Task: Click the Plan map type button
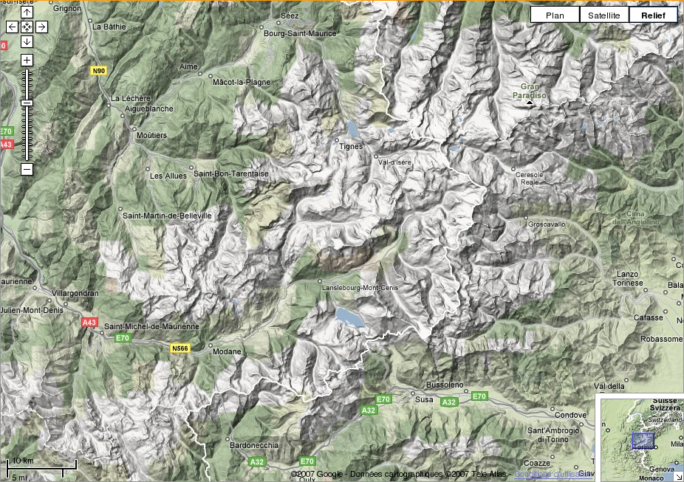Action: pos(555,15)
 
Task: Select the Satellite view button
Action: pos(603,15)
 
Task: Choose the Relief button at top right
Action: pos(653,15)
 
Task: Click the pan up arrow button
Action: pos(27,13)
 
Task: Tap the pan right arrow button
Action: pos(41,27)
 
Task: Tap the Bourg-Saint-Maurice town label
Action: pos(300,33)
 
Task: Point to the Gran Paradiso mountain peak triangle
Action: pos(530,105)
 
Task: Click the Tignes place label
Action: pos(351,146)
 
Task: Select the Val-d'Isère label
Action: pos(395,162)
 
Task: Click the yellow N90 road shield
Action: pos(99,71)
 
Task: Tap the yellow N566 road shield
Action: pos(180,348)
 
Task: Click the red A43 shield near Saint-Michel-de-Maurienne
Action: pos(89,323)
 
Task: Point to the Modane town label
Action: pos(227,351)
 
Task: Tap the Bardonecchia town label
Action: pos(254,445)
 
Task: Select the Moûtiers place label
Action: pos(152,136)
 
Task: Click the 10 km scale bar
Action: pos(41,465)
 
